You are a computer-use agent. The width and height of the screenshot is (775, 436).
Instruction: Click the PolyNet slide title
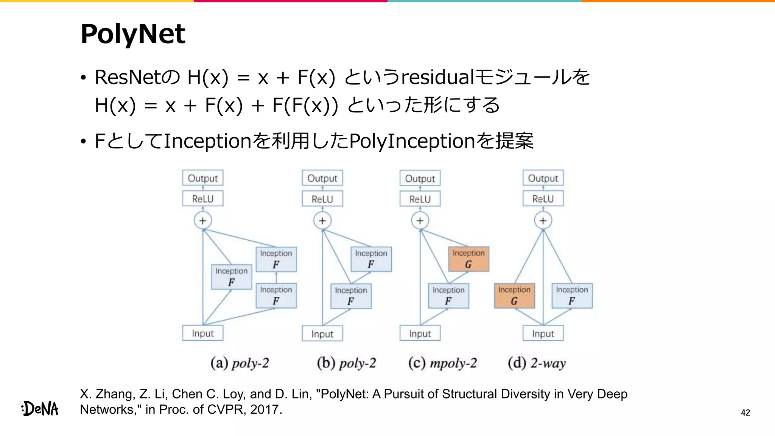(133, 34)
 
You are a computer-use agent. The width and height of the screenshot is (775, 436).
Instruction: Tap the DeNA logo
(40, 408)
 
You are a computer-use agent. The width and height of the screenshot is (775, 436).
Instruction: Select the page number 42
(745, 413)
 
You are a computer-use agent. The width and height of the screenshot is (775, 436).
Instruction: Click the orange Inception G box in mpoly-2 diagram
(468, 259)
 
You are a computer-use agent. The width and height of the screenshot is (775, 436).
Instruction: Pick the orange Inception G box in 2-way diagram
(514, 296)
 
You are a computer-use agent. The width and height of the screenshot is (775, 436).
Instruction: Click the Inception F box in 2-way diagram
(572, 296)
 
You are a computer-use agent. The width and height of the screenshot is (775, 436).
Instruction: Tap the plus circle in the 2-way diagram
(543, 221)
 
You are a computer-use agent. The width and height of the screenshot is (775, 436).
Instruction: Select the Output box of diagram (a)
(203, 178)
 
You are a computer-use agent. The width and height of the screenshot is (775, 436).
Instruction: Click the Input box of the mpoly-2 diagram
(420, 333)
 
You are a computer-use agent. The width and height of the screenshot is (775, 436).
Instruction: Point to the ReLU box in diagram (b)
(322, 199)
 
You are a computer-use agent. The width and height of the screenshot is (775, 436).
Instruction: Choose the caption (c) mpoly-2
(442, 363)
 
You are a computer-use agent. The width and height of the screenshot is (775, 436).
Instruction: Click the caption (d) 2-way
(537, 363)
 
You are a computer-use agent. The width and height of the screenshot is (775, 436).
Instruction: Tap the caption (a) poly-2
(240, 363)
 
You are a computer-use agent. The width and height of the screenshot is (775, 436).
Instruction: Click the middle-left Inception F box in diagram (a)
(231, 277)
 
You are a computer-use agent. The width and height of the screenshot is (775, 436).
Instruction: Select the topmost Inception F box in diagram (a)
(276, 259)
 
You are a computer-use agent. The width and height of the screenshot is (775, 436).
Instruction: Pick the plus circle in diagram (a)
(203, 221)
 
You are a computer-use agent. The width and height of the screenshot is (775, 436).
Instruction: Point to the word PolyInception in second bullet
(412, 141)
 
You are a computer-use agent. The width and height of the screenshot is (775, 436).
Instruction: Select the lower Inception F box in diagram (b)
(351, 296)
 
